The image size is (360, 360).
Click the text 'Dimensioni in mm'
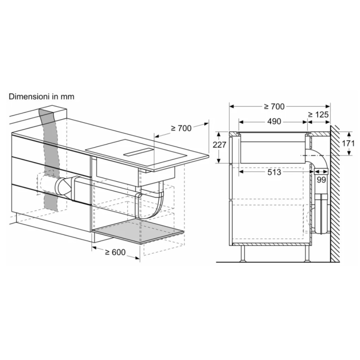41,97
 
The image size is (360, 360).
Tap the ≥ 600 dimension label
115,252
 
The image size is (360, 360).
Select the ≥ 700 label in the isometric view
181,128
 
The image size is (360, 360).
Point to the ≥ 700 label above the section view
274,107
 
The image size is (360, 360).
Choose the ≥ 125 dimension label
319,115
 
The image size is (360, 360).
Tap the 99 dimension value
321,180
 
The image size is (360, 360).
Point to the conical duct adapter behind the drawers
63,184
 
